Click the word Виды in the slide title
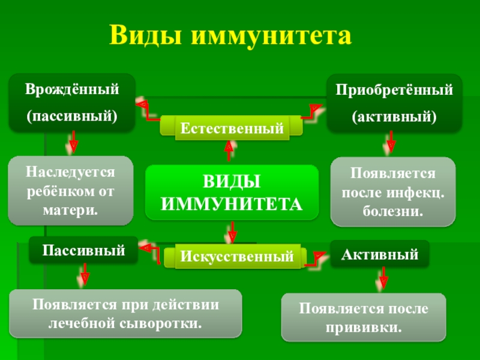coord(144,37)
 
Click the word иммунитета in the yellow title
coord(270,37)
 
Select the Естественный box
coord(232,128)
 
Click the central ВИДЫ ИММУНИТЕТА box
coord(232,193)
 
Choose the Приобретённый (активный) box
coord(394,103)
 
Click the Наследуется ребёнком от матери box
coord(70,191)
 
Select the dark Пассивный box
coord(83,250)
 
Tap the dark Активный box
coord(380,254)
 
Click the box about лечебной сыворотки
coord(125,314)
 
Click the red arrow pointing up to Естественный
coord(229,150)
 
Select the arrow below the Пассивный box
coord(85,276)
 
